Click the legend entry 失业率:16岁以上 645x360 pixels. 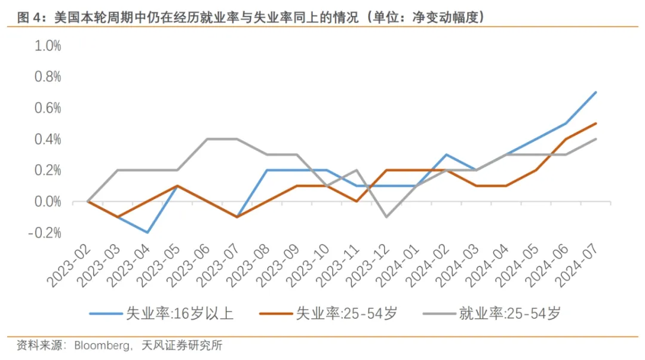pos(179,313)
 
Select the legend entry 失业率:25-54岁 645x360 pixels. pos(346,313)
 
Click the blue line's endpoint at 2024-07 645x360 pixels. pos(596,93)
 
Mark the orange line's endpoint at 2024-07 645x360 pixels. pos(596,124)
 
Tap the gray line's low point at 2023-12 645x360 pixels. pos(387,217)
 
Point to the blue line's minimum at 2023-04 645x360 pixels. pos(148,232)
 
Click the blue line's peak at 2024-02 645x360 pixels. pos(447,155)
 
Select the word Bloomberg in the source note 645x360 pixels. pos(102,346)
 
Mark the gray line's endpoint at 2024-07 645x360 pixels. pos(596,139)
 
